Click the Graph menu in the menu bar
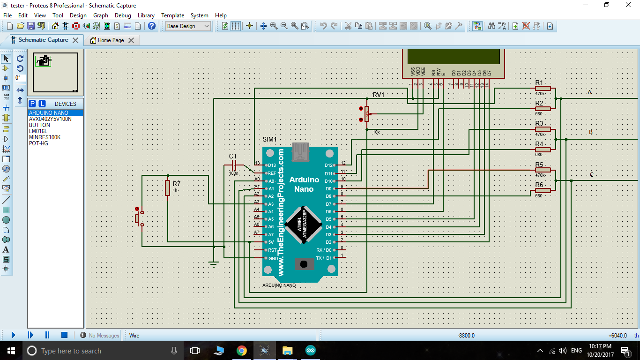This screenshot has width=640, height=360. (x=100, y=15)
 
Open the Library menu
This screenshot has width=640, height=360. (x=146, y=15)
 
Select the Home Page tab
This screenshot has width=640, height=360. (x=111, y=40)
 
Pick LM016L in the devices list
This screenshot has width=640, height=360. (x=38, y=131)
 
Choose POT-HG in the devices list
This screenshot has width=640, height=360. (x=38, y=143)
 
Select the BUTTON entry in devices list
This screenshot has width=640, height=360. (x=39, y=125)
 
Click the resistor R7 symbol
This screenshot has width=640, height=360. (x=167, y=188)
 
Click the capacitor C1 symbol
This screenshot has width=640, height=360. (x=233, y=165)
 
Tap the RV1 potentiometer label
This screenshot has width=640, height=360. (x=379, y=95)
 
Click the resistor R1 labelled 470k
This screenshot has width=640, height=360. (x=543, y=88)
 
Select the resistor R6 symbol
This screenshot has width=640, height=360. (x=543, y=190)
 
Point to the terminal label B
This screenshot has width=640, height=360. (x=590, y=132)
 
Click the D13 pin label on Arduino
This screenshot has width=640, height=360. (x=272, y=165)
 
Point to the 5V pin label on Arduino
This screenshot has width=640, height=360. (x=270, y=242)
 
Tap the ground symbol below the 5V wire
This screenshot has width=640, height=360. (x=214, y=264)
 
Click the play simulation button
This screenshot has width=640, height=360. (x=13, y=335)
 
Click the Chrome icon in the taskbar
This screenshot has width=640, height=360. (x=242, y=351)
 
